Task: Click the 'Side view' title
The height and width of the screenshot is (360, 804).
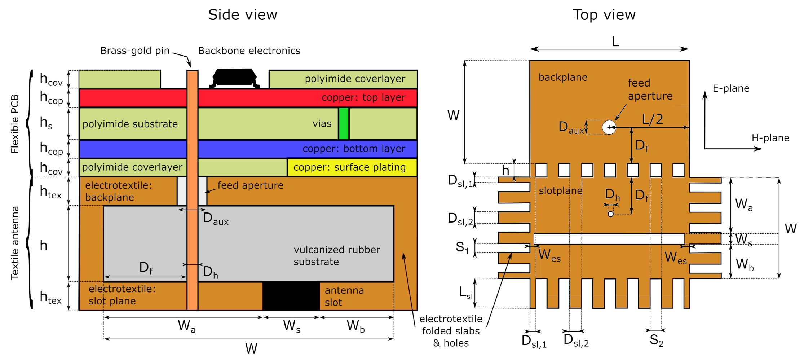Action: (x=243, y=15)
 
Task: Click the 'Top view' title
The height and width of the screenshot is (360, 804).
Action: (x=604, y=15)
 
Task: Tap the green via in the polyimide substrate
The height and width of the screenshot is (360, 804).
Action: (x=344, y=123)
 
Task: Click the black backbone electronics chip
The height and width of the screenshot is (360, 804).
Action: (x=234, y=78)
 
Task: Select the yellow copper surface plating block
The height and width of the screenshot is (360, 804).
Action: (x=352, y=167)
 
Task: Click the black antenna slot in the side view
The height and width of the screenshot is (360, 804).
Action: (x=291, y=296)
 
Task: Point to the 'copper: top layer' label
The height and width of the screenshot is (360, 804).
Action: (x=363, y=97)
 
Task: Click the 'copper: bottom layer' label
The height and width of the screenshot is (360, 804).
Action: (x=354, y=149)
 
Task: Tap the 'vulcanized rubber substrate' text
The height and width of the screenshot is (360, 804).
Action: (x=337, y=255)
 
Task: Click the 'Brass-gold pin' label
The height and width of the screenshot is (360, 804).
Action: (x=135, y=51)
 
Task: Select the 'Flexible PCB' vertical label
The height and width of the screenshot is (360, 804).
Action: (x=15, y=124)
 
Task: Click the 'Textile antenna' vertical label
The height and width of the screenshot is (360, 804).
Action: (x=15, y=243)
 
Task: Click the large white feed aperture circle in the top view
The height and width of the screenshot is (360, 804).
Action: (x=609, y=127)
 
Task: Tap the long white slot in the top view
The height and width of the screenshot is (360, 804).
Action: (x=609, y=239)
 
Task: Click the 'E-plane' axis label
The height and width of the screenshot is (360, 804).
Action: (x=731, y=88)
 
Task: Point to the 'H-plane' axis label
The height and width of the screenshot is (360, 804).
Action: (x=770, y=138)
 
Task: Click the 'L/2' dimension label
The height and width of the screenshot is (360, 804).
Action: (x=652, y=119)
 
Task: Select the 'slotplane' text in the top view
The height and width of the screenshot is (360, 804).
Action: (x=560, y=191)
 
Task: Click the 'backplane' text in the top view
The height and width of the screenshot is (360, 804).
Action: (x=563, y=78)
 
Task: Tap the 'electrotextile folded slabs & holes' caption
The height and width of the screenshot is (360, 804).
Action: (x=451, y=331)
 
